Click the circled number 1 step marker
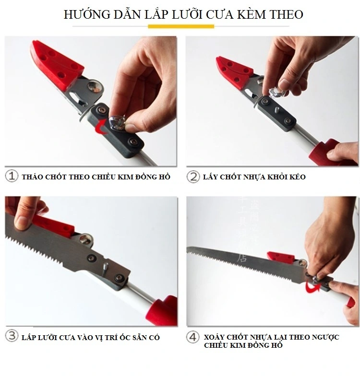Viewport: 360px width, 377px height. click(12, 176)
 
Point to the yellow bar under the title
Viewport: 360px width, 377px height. click(180, 27)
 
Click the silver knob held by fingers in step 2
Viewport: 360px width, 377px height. click(278, 88)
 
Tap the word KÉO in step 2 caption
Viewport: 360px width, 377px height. click(296, 177)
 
